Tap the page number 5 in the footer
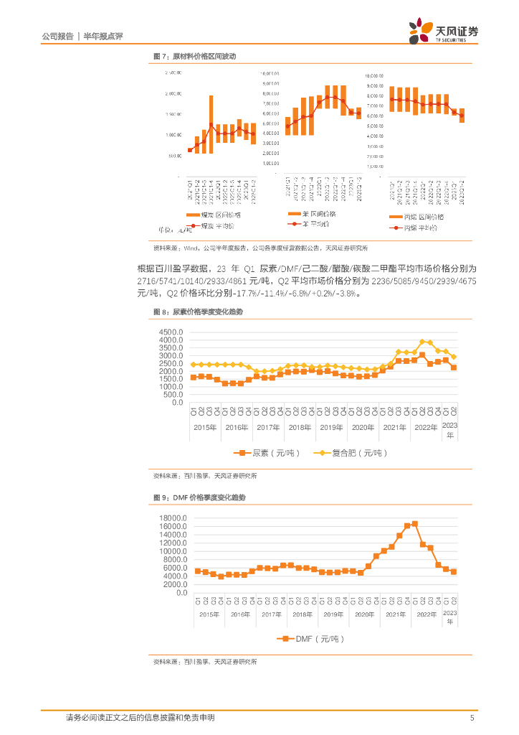471,718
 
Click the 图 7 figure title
194,56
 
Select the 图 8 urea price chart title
199,312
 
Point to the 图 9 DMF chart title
198,497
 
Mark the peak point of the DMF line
415,523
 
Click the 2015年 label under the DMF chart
209,614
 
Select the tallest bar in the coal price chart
211,120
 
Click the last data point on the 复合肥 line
453,357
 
